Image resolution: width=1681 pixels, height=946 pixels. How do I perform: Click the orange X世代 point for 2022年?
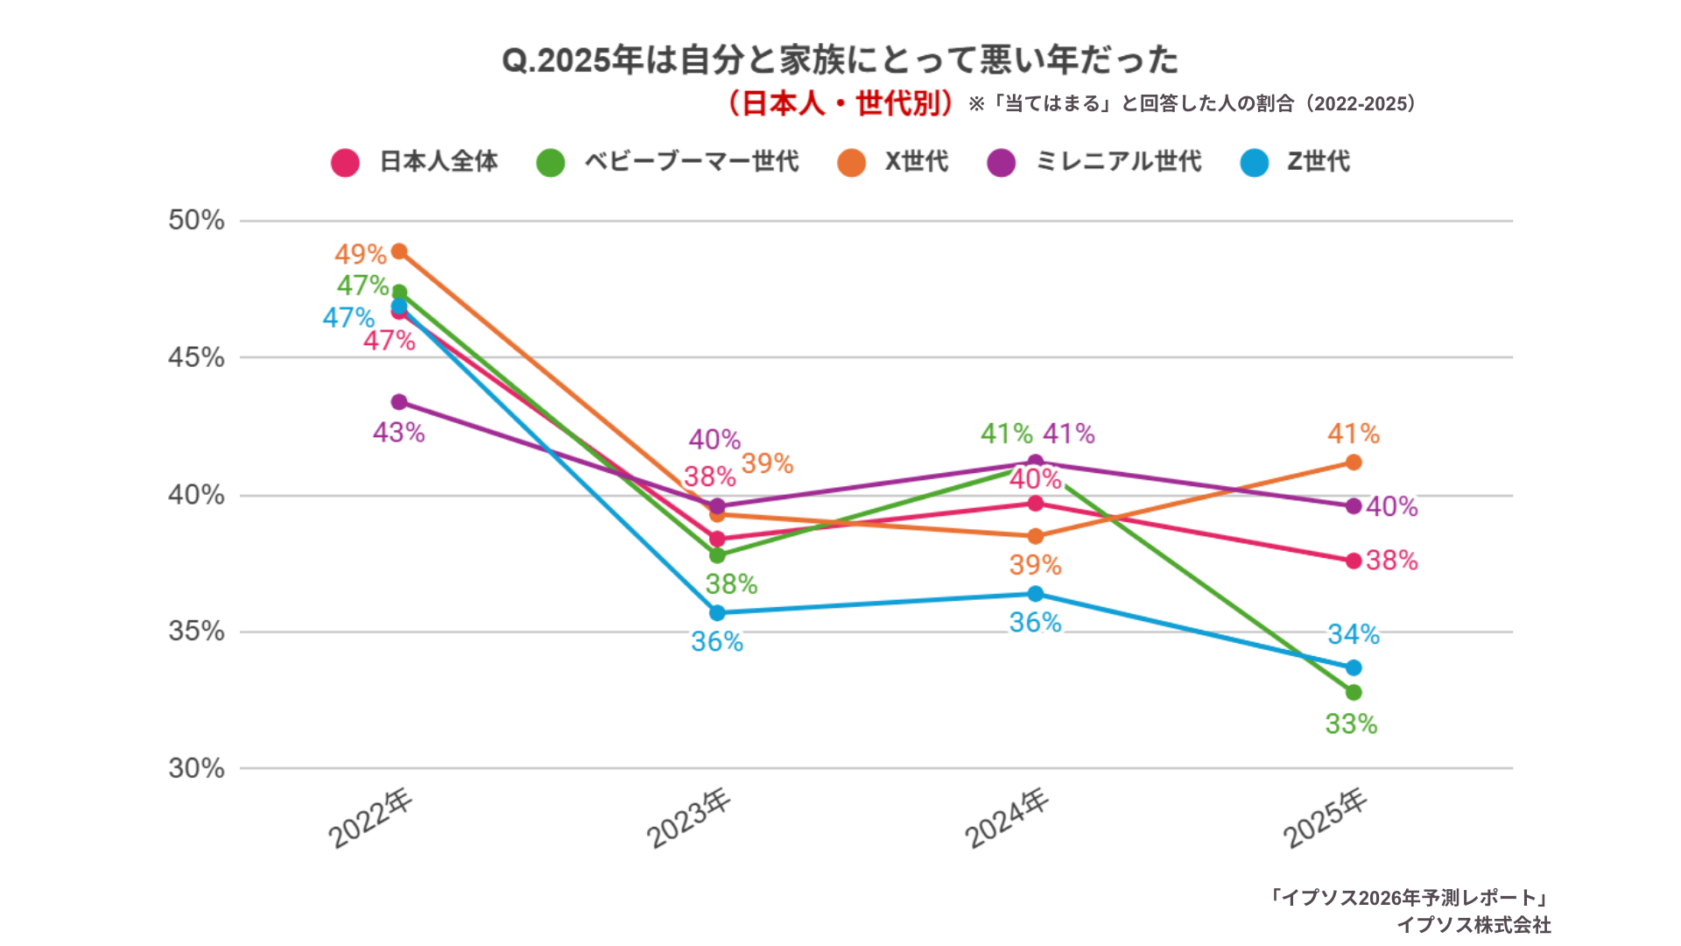pos(399,251)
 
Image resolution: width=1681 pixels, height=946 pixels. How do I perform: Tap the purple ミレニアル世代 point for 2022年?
pos(399,402)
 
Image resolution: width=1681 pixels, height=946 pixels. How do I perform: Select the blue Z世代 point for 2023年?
pos(717,613)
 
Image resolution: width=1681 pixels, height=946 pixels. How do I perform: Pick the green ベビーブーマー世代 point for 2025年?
pos(1354,693)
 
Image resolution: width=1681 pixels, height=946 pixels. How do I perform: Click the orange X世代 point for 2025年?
pos(1354,462)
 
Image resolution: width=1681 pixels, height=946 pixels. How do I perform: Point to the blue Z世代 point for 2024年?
pos(1036,594)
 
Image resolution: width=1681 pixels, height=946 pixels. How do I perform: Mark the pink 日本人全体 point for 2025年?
pos(1354,561)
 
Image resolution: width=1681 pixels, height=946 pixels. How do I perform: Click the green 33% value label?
pos(1351,724)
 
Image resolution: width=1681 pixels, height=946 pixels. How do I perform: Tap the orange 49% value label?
pos(360,254)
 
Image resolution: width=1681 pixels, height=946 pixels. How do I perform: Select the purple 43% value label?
pos(398,433)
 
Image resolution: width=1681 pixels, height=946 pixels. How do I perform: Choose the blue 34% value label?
pos(1353,634)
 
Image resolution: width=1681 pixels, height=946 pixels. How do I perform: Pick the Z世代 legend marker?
pos(1255,163)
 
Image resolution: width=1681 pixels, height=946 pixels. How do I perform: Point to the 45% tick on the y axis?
pos(196,357)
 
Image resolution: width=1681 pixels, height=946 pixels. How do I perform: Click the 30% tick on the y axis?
pos(196,768)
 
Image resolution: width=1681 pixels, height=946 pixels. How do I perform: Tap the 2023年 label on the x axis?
pos(689,818)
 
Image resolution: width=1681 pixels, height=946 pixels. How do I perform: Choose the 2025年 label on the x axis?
pos(1326,818)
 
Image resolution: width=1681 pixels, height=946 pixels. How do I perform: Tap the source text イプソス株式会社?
pos(1474,925)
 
